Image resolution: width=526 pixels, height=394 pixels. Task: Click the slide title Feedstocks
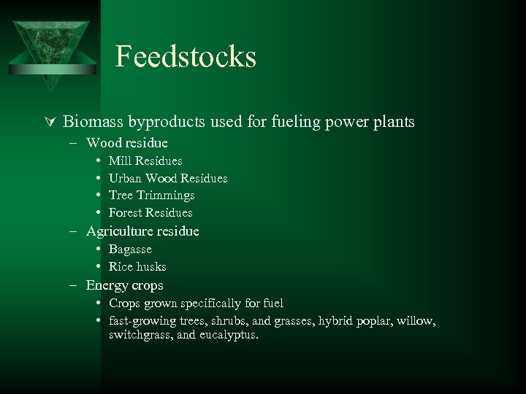(186, 57)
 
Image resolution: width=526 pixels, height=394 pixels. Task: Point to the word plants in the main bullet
(393, 122)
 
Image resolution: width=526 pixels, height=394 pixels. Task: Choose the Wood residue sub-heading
(126, 143)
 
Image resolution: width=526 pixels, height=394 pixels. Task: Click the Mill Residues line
(145, 161)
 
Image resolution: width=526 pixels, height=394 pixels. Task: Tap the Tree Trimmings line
(151, 196)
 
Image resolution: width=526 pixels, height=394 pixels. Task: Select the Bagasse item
(130, 250)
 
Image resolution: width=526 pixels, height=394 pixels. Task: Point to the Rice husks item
(137, 267)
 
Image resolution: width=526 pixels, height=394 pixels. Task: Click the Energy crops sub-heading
(124, 285)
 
